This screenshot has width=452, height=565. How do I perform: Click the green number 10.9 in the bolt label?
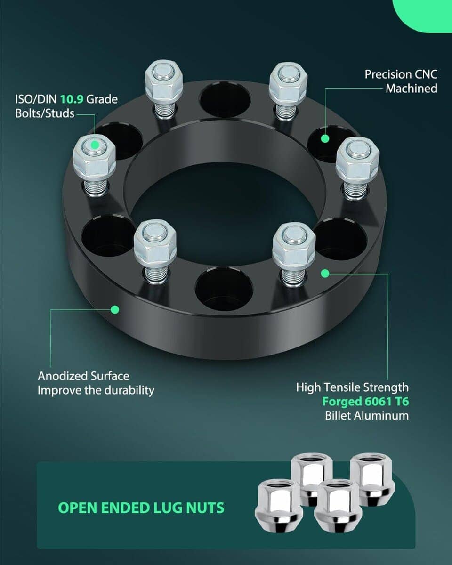click(72, 99)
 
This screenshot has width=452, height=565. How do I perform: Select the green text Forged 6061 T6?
click(365, 402)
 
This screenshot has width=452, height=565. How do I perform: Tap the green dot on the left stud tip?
click(95, 145)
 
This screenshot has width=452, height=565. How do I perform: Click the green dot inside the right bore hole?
click(325, 138)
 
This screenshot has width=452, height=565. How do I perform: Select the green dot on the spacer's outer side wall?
click(115, 309)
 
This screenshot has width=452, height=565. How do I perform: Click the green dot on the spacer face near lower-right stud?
click(325, 274)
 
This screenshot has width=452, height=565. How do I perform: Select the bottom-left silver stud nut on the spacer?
click(155, 243)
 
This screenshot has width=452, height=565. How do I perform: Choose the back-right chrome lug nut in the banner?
click(372, 479)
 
